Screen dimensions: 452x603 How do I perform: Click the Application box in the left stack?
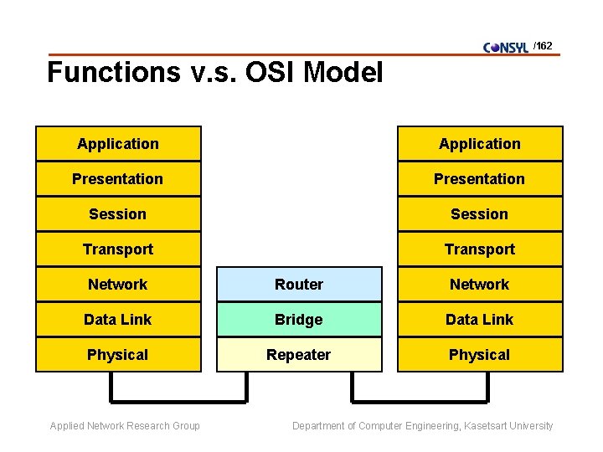[x=118, y=144]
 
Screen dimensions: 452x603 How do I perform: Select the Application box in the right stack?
[x=479, y=144]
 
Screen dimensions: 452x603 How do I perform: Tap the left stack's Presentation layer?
[x=118, y=179]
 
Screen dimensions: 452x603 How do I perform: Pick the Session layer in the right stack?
[x=479, y=214]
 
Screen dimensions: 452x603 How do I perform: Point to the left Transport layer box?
[x=118, y=249]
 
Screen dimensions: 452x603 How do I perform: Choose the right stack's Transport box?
[x=479, y=249]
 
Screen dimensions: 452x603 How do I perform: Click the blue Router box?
[x=299, y=285]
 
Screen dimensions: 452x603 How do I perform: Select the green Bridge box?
[x=299, y=320]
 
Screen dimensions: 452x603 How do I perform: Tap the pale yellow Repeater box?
[x=299, y=355]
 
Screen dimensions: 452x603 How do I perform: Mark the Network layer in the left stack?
[x=118, y=285]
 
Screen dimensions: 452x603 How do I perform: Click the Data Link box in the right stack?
[x=479, y=320]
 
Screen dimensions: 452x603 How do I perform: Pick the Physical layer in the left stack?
[x=118, y=355]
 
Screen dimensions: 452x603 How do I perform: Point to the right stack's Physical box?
[x=479, y=355]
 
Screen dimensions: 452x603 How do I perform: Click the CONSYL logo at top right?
[x=506, y=47]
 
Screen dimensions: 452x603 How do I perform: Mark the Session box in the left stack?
[x=118, y=214]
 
